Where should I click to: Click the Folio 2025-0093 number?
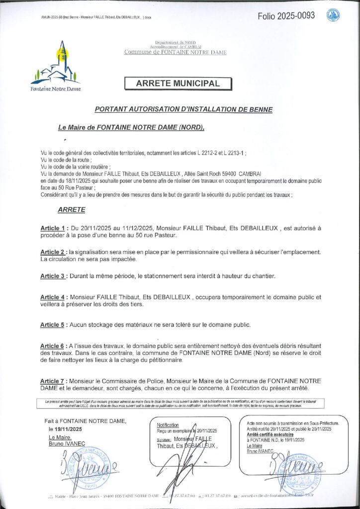click(286, 15)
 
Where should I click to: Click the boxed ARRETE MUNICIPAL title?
click(178, 84)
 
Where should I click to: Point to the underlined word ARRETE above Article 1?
click(72, 210)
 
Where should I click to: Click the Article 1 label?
click(53, 228)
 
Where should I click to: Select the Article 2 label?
click(53, 253)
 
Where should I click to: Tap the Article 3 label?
click(53, 275)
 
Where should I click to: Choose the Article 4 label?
click(53, 297)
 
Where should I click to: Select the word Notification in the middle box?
click(168, 425)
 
